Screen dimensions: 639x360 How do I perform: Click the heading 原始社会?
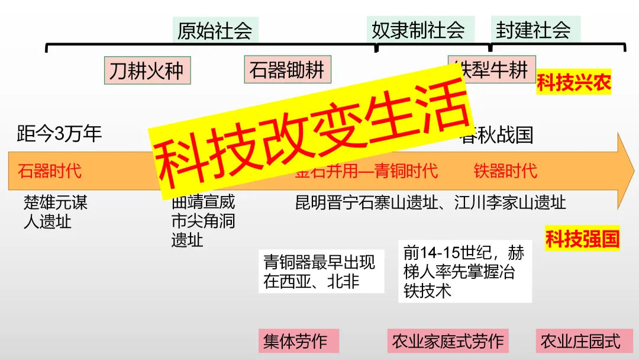[x=215, y=30]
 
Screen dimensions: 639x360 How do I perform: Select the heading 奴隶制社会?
[x=418, y=30]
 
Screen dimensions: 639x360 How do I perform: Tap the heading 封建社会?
[x=533, y=30]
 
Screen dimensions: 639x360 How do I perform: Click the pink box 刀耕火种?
[x=146, y=71]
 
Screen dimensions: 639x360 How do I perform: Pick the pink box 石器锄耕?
[x=287, y=70]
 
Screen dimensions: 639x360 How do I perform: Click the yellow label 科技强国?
[x=582, y=239]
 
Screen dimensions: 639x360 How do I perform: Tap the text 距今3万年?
[x=59, y=134]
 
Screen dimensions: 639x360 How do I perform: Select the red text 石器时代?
[x=50, y=171]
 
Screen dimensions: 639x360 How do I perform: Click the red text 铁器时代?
[x=505, y=171]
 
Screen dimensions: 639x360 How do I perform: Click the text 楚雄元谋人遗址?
[x=55, y=212]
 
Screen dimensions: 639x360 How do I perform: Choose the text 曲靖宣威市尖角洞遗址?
[x=202, y=221]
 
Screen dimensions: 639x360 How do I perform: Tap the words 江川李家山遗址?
[x=510, y=202]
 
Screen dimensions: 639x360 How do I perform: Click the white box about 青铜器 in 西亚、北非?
[x=319, y=271]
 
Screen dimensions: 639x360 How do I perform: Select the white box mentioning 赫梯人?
[x=464, y=271]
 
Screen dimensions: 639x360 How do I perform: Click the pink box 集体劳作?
[x=295, y=342]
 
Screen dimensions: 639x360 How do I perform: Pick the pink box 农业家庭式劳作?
[x=448, y=342]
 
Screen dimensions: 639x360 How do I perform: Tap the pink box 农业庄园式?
[x=580, y=342]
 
